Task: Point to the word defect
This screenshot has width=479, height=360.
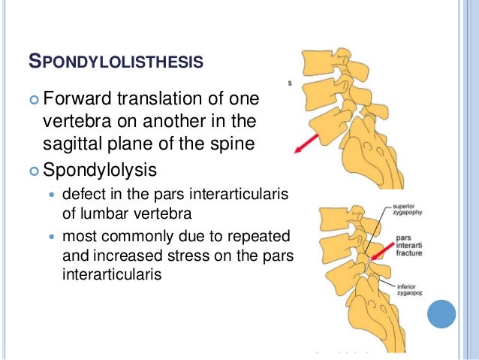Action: click(x=85, y=195)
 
